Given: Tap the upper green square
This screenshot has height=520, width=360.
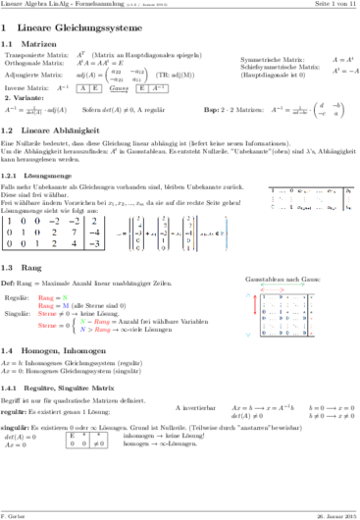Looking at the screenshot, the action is [66, 296].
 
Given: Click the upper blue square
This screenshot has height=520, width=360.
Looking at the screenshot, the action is [66, 305].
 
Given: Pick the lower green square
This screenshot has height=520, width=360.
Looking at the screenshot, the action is [83, 321].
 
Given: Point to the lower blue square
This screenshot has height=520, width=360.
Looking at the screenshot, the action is [82, 330].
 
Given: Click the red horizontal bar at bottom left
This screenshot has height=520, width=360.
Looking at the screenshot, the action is [47, 326].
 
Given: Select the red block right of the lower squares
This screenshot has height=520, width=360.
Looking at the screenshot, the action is [103, 326].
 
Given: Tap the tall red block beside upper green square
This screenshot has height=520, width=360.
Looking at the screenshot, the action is [44, 305].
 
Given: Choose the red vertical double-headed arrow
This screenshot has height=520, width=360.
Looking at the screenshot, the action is [255, 303].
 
